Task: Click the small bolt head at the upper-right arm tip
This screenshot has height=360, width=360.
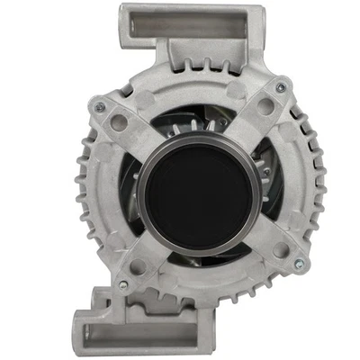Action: pos(282,87)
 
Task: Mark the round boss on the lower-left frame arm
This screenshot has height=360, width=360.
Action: pos(137,267)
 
